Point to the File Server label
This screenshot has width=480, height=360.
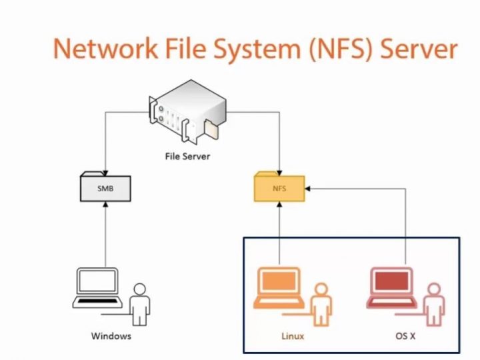tap(187, 157)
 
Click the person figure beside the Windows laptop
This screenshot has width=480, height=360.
tap(140, 303)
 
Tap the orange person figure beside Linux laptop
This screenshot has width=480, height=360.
tap(322, 303)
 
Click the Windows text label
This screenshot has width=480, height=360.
tap(111, 336)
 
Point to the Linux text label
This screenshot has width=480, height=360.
tap(292, 336)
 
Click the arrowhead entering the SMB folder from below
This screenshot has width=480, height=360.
tap(105, 205)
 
